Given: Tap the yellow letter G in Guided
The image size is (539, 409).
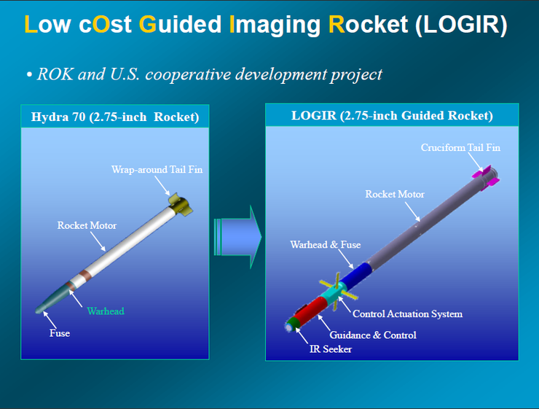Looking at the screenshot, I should (x=148, y=25).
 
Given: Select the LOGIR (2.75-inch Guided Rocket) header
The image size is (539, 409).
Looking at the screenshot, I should (x=392, y=116).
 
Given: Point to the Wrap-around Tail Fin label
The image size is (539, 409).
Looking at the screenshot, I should (x=157, y=169).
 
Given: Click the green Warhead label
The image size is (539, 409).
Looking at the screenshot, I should (x=106, y=311).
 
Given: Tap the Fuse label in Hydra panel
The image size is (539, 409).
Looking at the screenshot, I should (x=60, y=332).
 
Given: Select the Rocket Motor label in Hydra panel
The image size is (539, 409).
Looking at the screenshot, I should (x=87, y=225).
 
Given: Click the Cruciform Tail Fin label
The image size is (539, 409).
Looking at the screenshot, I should (x=460, y=147).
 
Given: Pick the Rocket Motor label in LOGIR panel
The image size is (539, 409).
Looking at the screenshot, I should (x=395, y=194).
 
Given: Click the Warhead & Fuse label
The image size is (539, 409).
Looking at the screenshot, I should (x=325, y=245).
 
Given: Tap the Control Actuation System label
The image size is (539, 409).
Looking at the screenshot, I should (x=407, y=314).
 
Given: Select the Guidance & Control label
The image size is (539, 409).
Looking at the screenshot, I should (x=373, y=335).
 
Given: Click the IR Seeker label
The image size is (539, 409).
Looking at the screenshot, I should (x=332, y=349).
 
